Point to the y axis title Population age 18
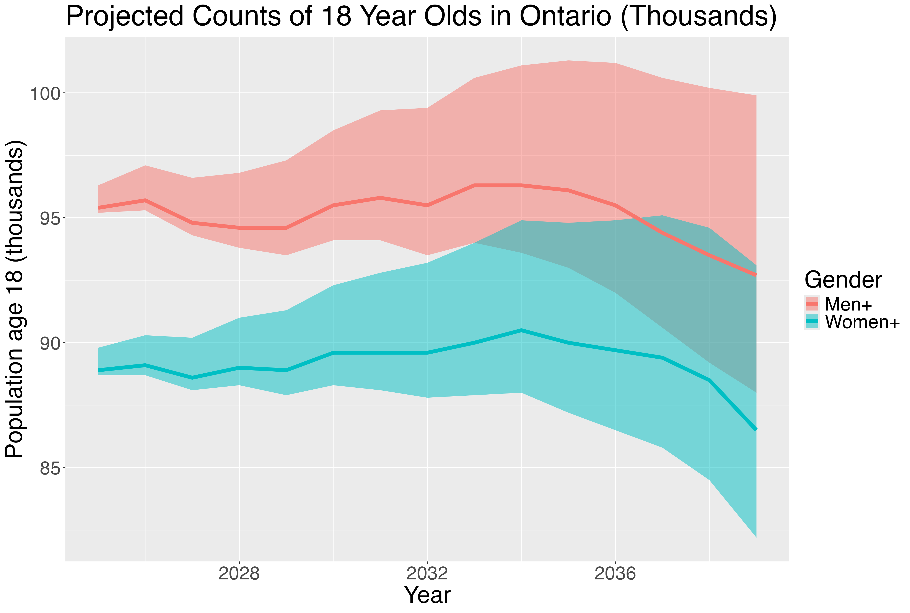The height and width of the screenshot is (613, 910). [16, 299]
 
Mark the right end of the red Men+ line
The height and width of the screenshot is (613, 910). [756, 275]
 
